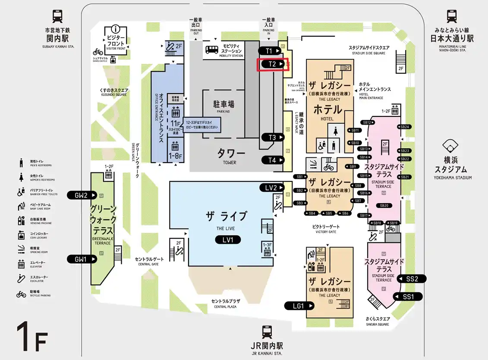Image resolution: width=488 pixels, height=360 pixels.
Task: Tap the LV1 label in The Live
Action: click(228, 240)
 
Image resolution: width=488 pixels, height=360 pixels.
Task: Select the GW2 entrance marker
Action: click(81, 195)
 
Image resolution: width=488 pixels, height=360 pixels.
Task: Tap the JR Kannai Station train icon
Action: click(266, 332)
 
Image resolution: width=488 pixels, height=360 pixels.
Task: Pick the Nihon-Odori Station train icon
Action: click(452, 16)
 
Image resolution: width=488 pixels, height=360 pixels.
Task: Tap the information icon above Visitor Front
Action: click(115, 29)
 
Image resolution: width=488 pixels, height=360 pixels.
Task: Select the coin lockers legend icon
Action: click(21, 235)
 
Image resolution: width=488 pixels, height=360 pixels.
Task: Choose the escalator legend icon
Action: click(21, 278)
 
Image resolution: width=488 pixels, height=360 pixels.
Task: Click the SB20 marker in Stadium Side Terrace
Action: click(384, 205)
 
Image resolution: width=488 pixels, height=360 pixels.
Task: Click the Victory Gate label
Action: click(326, 226)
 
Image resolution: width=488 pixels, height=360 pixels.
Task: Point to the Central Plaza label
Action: click(226, 302)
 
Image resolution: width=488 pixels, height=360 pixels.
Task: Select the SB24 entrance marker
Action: click(405, 127)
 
